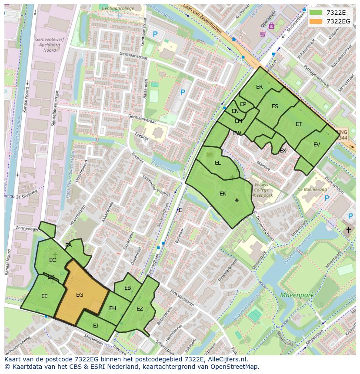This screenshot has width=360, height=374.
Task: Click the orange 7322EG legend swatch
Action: pos(316,21)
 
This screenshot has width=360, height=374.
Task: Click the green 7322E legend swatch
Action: pos(316,13)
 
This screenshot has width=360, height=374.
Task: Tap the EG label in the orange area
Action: pos(80,295)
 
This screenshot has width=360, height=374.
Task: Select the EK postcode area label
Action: pos(223,194)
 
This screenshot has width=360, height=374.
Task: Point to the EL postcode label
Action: pos(218,163)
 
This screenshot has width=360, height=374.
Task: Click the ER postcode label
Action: pos(259,87)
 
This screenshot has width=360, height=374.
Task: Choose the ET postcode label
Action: pos(299,124)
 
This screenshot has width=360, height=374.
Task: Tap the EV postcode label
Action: pos(317,145)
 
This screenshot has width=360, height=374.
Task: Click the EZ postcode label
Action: pos(140,309)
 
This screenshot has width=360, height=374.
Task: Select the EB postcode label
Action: pos(127,288)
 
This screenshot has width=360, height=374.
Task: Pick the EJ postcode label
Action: pos(96,325)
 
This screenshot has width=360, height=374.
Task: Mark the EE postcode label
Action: pos(44,296)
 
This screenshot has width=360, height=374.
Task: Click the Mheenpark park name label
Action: pos(297,295)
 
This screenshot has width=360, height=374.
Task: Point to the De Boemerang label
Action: pos(312,189)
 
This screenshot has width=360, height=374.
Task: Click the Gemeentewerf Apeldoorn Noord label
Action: pos(45,45)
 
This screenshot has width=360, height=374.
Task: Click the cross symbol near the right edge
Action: pos(348,230)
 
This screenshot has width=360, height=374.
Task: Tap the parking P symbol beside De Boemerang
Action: pos(327,198)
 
